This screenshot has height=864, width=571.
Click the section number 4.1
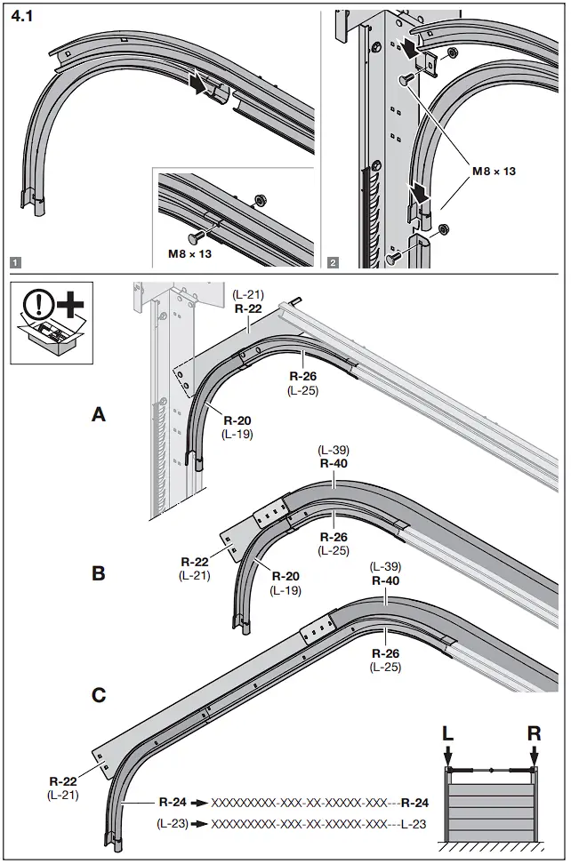coord(24,16)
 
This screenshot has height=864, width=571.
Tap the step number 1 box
coord(15,262)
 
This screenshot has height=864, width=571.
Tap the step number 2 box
coord(333,262)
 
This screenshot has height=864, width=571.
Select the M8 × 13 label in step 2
coord(491,172)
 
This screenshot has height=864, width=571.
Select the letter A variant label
coord(100,414)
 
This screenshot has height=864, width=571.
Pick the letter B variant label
coord(99,573)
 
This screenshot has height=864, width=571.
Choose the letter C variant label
coord(99,695)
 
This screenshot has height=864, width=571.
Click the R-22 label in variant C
coord(62,782)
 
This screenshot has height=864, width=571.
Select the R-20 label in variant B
coord(285,575)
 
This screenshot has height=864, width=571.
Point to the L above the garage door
coord(449,734)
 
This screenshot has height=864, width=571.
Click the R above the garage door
coord(534,734)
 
